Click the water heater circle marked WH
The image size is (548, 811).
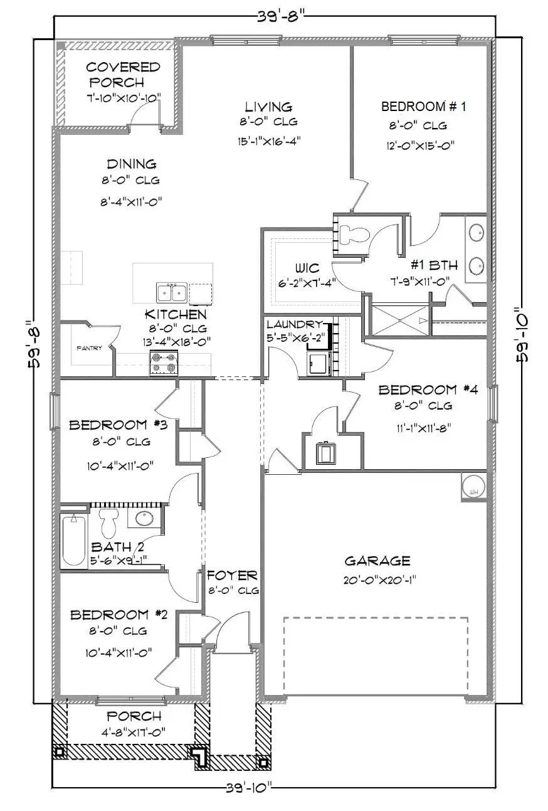(x=474, y=486)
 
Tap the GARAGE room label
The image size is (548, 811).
(x=377, y=561)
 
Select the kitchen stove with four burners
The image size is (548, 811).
(x=164, y=363)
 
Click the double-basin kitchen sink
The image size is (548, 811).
(x=171, y=293)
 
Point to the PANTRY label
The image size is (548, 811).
(x=89, y=348)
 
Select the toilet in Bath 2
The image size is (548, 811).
(x=109, y=521)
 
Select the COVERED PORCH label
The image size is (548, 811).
(x=123, y=74)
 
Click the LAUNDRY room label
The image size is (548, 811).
(x=295, y=324)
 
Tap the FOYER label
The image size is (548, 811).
(x=232, y=575)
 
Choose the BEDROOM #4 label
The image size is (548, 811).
(x=428, y=390)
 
